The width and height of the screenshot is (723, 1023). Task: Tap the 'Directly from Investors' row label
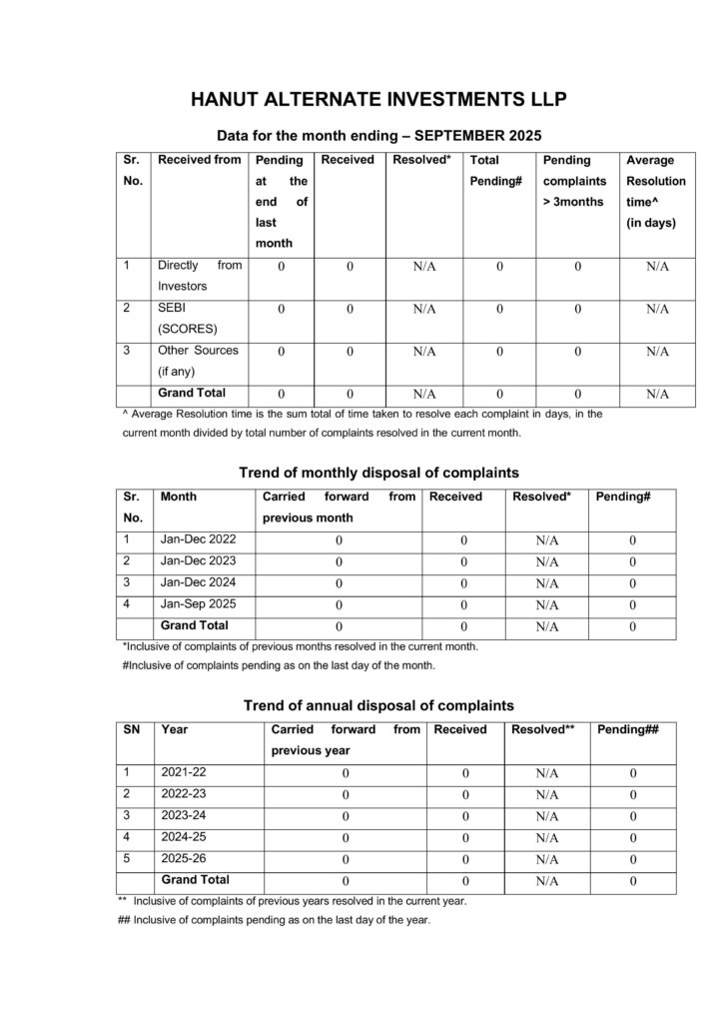coord(200,276)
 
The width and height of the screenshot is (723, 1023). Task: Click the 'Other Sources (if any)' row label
coord(198,361)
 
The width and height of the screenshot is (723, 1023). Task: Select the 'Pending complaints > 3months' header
coord(573,181)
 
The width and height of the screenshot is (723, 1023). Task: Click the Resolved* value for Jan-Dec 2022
coord(545,540)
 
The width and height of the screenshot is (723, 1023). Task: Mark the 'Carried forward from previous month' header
coord(339,508)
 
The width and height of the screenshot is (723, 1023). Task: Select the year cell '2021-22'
coord(183,772)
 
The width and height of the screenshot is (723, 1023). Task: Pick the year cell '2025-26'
coord(183,858)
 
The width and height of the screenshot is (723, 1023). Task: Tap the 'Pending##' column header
coord(627,730)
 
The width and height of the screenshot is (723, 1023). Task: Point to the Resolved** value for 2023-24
coord(545,817)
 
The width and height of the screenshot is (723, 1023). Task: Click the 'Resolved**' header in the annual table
coord(542,730)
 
